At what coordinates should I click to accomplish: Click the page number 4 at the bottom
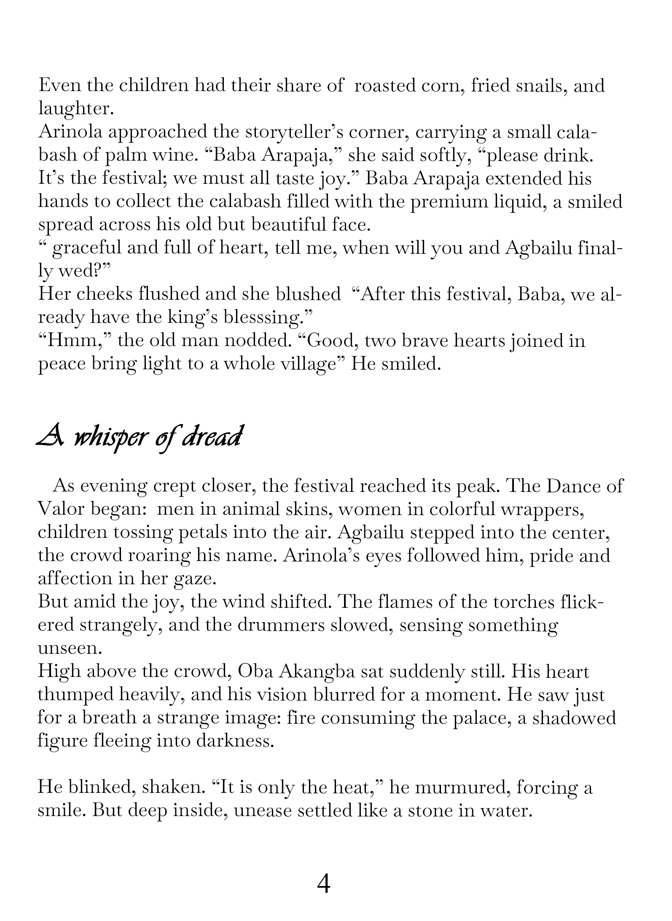coord(323,884)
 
